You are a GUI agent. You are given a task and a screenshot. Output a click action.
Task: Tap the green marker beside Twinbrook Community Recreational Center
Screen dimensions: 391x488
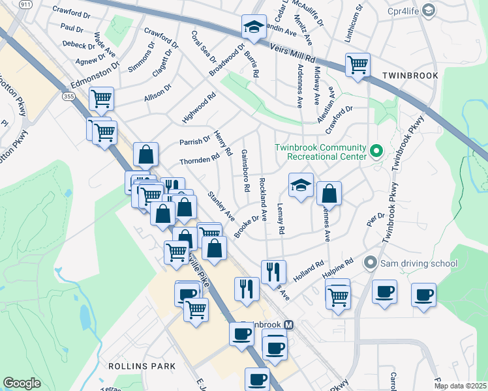[x=376, y=151]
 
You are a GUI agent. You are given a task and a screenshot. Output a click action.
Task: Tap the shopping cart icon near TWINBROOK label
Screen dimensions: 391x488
[x=358, y=65]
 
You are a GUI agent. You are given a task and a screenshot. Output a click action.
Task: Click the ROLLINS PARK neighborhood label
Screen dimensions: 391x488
[x=142, y=366]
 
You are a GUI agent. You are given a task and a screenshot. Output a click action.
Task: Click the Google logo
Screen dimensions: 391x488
[x=22, y=383]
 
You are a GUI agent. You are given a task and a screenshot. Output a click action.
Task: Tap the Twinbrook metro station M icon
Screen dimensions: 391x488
[x=289, y=324]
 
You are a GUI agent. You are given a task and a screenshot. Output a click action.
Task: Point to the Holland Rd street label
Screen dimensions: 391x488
[x=309, y=272]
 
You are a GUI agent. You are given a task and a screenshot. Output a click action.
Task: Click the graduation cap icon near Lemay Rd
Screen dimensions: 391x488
[x=301, y=185]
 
